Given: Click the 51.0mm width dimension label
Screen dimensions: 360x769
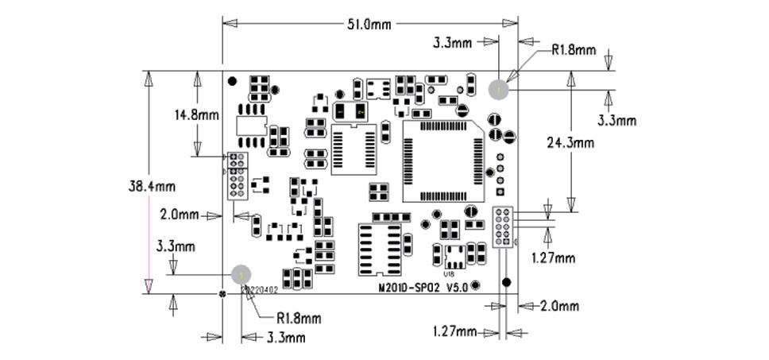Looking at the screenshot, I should click(x=369, y=25).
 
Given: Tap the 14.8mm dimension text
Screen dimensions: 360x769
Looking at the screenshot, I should click(x=196, y=114).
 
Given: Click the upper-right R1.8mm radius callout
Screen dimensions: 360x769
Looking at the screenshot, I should click(x=574, y=50).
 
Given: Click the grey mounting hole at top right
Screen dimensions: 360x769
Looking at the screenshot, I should click(x=498, y=90).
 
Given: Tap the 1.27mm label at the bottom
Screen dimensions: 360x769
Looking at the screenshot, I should click(x=454, y=331).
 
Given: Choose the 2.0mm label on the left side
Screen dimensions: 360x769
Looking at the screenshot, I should click(x=178, y=215).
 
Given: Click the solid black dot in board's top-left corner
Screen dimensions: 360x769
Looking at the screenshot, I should click(x=232, y=81).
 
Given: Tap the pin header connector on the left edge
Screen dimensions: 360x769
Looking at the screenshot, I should click(x=236, y=176).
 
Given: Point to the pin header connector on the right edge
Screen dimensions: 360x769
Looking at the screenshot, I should click(x=503, y=227).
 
